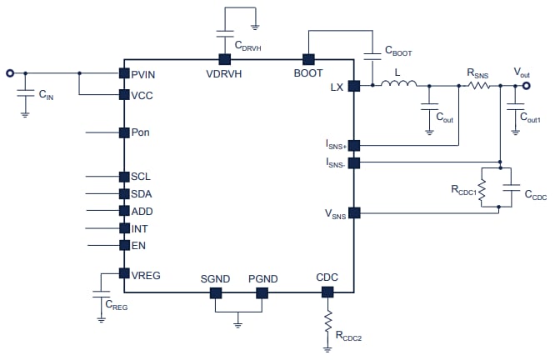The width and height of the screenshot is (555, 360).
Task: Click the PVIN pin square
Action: coord(123,74)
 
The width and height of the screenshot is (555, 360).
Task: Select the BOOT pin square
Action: coord(307,59)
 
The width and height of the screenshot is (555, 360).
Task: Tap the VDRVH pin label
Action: coord(223,74)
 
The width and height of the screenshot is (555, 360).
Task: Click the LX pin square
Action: coord(354,85)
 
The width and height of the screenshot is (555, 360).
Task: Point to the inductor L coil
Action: coord(397,84)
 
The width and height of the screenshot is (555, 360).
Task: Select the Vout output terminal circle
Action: coord(527,85)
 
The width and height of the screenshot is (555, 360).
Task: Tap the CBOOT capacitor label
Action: coord(399,52)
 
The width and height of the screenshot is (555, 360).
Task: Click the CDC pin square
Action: coord(327,292)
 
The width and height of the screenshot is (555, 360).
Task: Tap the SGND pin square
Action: coord(215,292)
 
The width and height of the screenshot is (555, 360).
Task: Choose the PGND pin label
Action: coord(262,277)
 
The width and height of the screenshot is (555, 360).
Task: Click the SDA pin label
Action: coord(141,194)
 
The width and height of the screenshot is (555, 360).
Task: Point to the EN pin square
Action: coord(123,245)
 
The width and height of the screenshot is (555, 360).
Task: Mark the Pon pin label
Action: coord(141,132)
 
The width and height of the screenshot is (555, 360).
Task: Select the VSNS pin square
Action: coord(354,212)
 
